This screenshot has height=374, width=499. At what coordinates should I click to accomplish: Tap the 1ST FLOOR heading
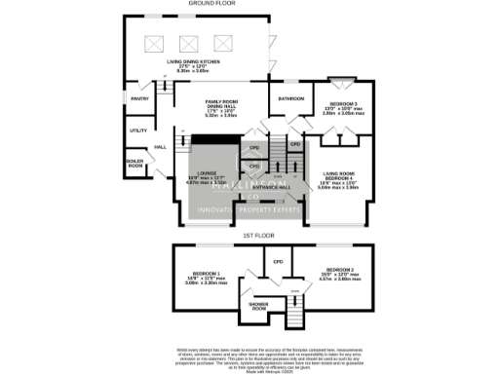click(257, 235)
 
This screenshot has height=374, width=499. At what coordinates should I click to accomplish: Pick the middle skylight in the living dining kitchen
click(187, 43)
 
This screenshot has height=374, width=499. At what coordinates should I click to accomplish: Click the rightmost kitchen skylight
click(224, 43)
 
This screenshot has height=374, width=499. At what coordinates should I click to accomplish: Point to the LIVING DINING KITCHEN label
click(192, 61)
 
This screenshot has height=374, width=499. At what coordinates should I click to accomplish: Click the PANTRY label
click(139, 97)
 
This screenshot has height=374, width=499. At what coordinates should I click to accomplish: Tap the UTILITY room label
click(137, 130)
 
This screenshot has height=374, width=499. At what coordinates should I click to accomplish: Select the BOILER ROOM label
click(134, 163)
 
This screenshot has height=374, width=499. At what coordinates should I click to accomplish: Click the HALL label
click(160, 147)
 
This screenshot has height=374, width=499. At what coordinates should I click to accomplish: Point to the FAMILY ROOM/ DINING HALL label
click(227, 104)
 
